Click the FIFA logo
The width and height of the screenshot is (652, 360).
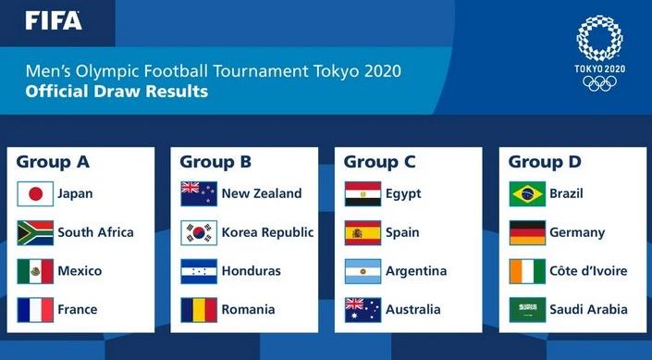[x=54, y=20]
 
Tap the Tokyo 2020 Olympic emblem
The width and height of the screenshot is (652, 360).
[x=599, y=54]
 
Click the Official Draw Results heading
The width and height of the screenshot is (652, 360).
[x=117, y=92]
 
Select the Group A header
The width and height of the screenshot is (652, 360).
[x=53, y=163]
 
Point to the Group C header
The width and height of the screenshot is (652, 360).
[x=379, y=163]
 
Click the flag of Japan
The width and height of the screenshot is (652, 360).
[x=35, y=194]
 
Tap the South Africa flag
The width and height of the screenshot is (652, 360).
[x=35, y=232]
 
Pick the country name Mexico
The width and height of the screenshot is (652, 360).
[x=80, y=271]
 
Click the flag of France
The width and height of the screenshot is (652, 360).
[x=35, y=309]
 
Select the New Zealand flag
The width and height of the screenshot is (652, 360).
[x=199, y=194]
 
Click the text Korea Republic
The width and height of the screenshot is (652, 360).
[x=267, y=232]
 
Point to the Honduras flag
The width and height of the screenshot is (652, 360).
[x=199, y=271]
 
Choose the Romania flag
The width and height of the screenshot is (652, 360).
[x=199, y=309]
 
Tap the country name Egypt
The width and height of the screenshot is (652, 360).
[x=403, y=194]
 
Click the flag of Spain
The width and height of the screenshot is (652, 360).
[x=363, y=232]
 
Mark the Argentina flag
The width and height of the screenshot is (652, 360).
[x=363, y=271]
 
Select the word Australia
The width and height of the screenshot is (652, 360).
[x=412, y=309]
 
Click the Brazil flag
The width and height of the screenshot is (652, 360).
[x=527, y=194]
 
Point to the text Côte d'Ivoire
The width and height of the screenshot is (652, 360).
[x=588, y=271]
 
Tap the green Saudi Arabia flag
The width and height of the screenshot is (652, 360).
[x=527, y=309]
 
